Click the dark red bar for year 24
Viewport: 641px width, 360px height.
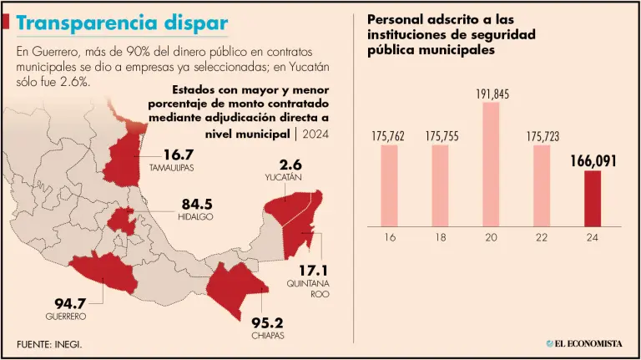(x=592, y=198)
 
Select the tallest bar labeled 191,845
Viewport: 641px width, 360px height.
(x=491, y=164)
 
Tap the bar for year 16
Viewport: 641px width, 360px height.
(x=389, y=185)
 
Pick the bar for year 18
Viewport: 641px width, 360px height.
(x=440, y=185)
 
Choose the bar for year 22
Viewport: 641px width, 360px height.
(x=542, y=185)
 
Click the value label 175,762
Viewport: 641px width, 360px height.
(x=389, y=135)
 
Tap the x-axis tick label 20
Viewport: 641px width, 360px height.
(x=491, y=238)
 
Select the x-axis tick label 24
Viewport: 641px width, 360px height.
(x=592, y=238)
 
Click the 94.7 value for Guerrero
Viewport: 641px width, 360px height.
(x=65, y=302)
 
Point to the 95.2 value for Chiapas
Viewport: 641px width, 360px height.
(x=267, y=322)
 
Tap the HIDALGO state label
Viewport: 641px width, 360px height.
(x=195, y=216)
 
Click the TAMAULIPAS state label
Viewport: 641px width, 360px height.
(x=171, y=168)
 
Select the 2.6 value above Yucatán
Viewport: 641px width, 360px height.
(x=291, y=165)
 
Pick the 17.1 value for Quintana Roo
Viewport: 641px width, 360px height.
(x=315, y=271)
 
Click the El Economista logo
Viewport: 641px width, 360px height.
(x=584, y=342)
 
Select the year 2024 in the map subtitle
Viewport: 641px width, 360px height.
(x=315, y=134)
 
